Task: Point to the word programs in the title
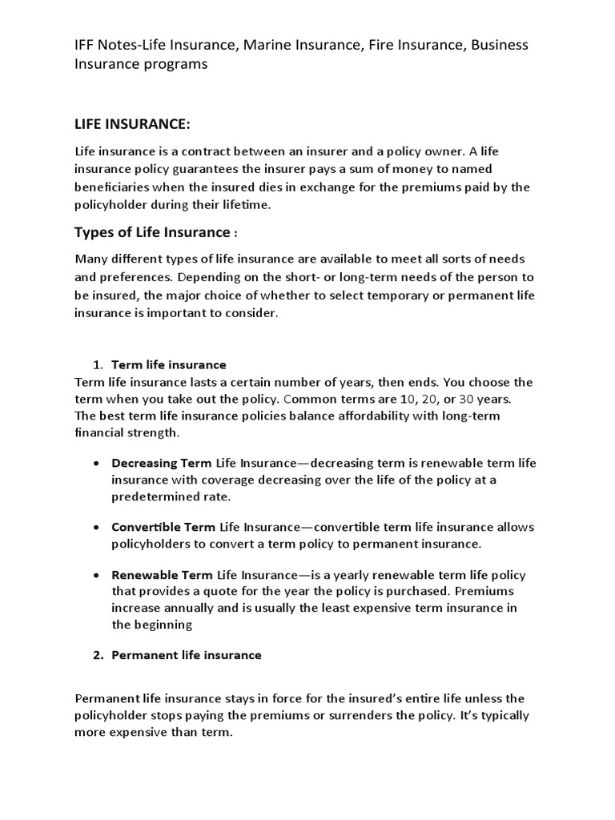175,65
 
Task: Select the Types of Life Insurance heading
151,232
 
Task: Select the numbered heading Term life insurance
168,365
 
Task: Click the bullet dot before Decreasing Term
96,464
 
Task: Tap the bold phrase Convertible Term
163,527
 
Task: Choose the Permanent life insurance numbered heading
186,655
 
